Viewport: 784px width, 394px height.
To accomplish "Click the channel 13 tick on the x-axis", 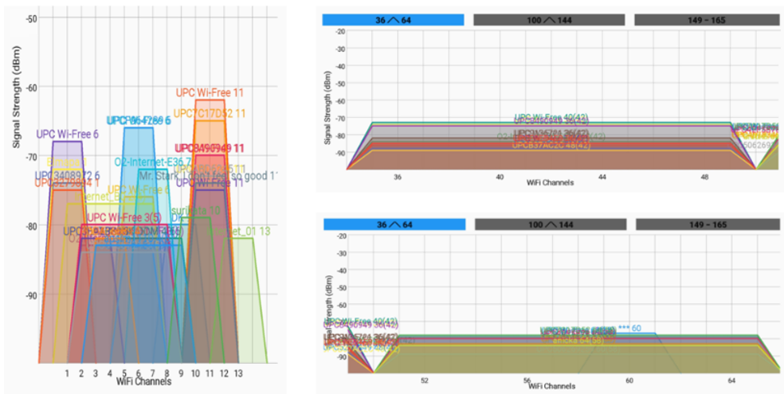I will [x=238, y=373].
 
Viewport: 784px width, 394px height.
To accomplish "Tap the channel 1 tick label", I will [x=67, y=373].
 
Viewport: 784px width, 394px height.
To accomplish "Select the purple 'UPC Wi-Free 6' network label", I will [x=68, y=134].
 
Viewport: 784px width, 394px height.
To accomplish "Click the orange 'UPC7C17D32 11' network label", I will [x=210, y=114].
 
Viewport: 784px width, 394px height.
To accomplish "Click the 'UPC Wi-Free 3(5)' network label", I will [x=124, y=217].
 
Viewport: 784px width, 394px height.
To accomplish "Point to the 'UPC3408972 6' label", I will [x=68, y=175].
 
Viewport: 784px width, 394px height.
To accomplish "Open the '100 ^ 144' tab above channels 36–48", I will [x=550, y=20].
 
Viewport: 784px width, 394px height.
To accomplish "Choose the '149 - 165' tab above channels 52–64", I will [x=707, y=224].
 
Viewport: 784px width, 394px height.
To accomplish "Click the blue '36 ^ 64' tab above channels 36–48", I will [x=393, y=20].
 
